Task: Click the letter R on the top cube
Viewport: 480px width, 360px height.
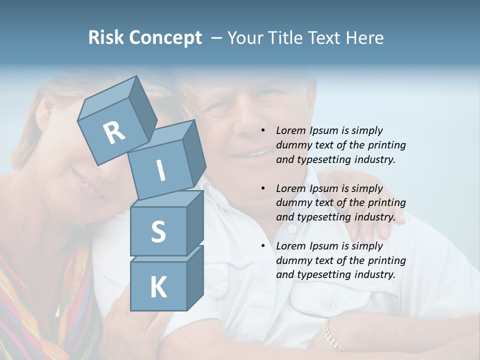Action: click(114, 132)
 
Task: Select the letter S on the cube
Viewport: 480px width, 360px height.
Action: click(158, 231)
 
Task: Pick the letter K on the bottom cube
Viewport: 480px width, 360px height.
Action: click(158, 287)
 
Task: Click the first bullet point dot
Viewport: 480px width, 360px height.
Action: click(262, 130)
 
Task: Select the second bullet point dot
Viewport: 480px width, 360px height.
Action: click(262, 188)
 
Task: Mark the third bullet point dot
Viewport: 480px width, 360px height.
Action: click(262, 246)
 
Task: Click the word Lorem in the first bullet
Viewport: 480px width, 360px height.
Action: click(289, 130)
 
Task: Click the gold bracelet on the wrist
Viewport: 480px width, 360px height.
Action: click(333, 335)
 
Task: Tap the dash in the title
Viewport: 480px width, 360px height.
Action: click(216, 38)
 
